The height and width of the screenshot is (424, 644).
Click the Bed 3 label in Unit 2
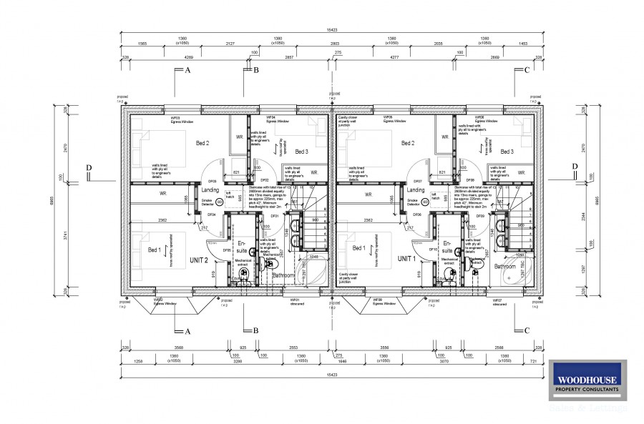coord(301,152)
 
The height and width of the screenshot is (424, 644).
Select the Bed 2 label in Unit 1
coord(408,143)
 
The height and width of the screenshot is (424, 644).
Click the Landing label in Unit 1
coord(416,190)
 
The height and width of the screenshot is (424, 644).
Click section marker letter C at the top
coord(527,70)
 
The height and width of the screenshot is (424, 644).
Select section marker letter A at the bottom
coord(187,331)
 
